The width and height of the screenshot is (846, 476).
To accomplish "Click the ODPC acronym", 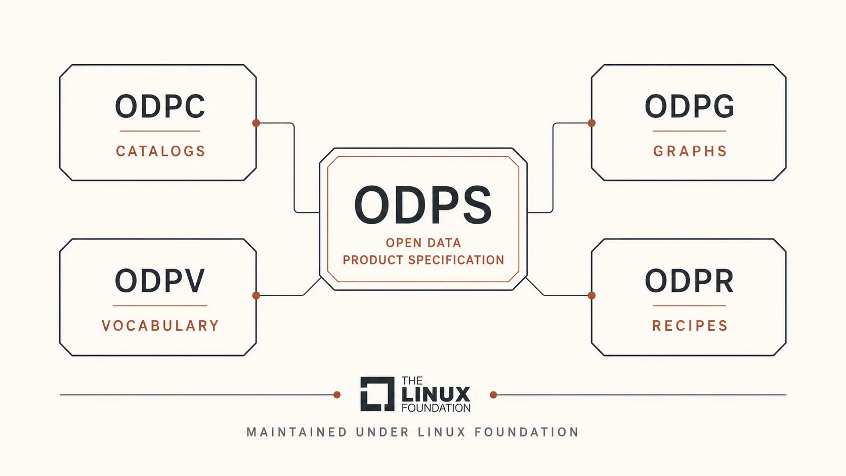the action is click(x=160, y=106).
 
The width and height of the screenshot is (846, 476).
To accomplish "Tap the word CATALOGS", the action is click(x=160, y=151).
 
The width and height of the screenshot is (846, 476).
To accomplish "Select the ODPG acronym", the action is click(x=689, y=106).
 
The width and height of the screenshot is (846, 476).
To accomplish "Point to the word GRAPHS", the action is click(x=690, y=151).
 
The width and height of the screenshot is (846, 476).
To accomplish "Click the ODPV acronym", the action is click(x=160, y=281).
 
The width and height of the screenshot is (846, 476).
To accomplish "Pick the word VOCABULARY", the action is click(x=160, y=326).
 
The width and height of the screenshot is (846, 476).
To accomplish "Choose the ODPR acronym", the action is click(x=689, y=281).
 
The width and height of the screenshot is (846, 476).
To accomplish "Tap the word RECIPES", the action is click(x=690, y=326).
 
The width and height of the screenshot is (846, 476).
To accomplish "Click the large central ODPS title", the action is click(x=423, y=205).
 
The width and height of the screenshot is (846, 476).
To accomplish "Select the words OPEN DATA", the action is click(x=424, y=243).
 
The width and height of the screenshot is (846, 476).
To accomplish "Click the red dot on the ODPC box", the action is click(x=256, y=123).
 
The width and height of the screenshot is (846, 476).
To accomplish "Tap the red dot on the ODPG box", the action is click(x=592, y=123).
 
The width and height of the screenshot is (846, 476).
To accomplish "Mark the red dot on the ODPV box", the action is click(x=256, y=295).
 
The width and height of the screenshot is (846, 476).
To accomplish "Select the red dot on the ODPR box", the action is click(x=592, y=295).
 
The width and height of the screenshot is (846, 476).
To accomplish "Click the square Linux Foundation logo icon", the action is click(x=377, y=394).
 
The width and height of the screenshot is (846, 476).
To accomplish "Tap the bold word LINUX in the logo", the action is click(x=436, y=395).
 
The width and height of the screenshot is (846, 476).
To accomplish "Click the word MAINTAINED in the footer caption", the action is click(x=297, y=432).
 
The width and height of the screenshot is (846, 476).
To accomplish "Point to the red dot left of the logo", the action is click(x=337, y=395).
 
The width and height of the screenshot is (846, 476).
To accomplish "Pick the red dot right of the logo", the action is click(x=493, y=395).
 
